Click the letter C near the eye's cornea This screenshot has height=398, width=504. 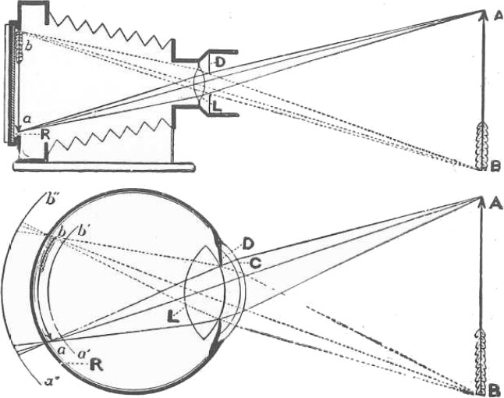coord(254,262)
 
